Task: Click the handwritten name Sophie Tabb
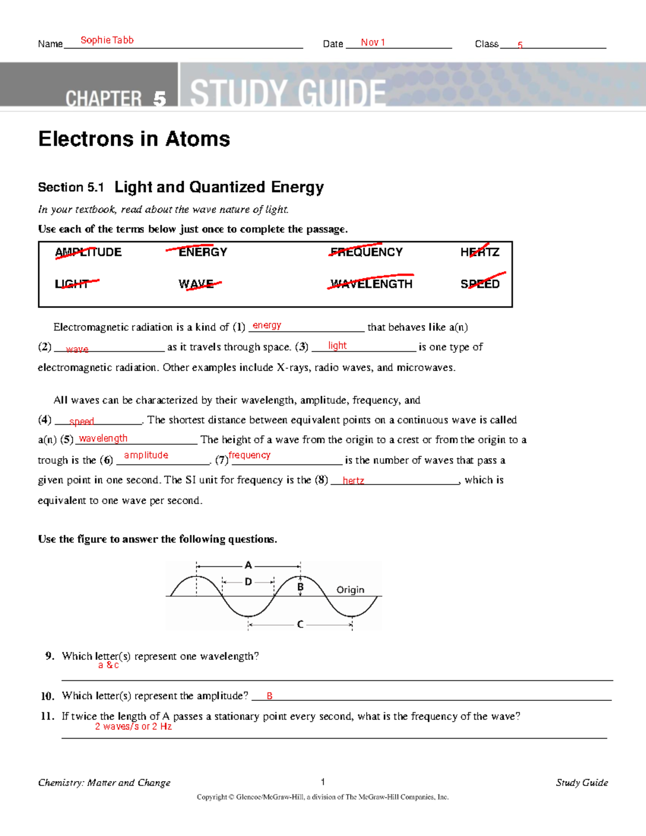click(x=107, y=40)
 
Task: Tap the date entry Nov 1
click(x=373, y=43)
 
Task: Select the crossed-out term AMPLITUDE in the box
click(x=88, y=252)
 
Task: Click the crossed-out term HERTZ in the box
click(x=480, y=252)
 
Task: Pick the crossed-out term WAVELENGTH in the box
click(x=371, y=284)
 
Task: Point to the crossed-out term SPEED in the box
click(x=480, y=284)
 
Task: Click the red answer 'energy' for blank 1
click(x=267, y=326)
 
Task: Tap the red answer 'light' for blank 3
click(x=338, y=346)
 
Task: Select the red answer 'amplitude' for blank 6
click(x=146, y=455)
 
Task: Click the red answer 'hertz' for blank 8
click(x=353, y=481)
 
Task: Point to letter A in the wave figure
click(x=248, y=565)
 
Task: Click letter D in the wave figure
click(x=248, y=582)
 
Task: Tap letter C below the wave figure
click(x=300, y=624)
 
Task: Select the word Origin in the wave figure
click(x=350, y=590)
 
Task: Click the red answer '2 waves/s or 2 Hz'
click(x=134, y=727)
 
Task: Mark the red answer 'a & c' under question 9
click(x=108, y=665)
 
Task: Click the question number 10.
click(x=47, y=697)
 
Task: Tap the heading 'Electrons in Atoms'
click(x=134, y=139)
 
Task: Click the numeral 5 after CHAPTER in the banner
click(x=159, y=99)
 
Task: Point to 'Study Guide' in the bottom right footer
click(x=582, y=783)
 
